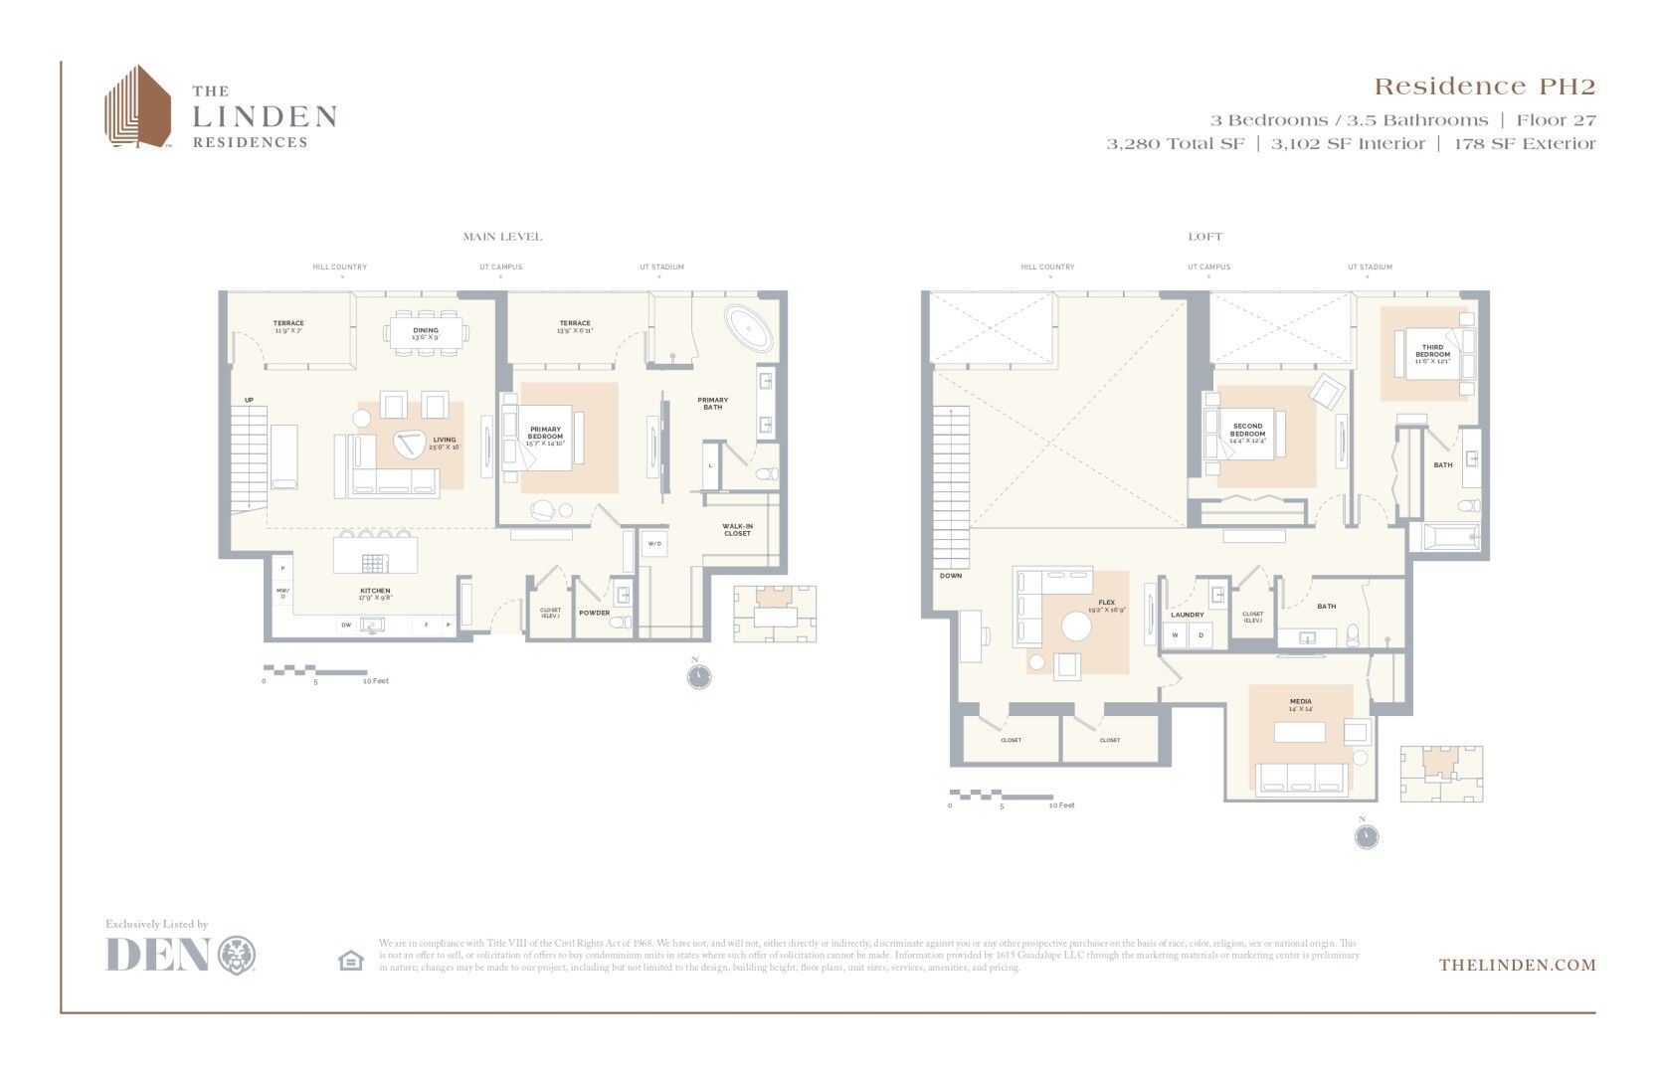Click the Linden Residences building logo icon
tap(138, 107)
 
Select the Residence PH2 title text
tap(1484, 88)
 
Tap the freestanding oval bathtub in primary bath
tap(748, 329)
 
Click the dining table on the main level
tap(426, 332)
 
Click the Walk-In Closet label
tap(737, 530)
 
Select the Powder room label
tap(595, 613)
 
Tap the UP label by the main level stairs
tap(249, 400)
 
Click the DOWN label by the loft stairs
tap(951, 576)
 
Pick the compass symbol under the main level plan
tap(699, 676)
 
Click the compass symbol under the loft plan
tap(1367, 836)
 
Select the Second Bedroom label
tap(1247, 430)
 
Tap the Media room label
tap(1300, 703)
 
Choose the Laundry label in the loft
tap(1187, 615)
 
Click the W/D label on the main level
tap(654, 544)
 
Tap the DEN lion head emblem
tap(237, 955)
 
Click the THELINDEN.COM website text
tap(1517, 965)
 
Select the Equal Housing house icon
tap(351, 960)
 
